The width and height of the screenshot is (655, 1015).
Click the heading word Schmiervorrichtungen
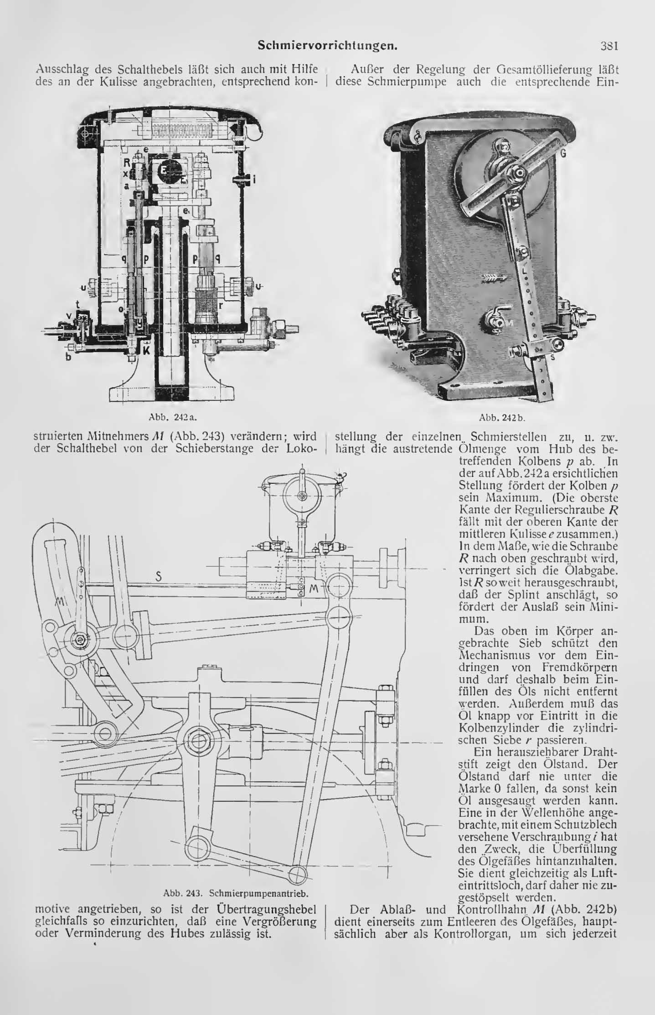point(325,45)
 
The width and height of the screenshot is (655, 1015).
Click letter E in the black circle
point(163,169)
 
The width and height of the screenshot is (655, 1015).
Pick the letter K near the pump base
point(146,351)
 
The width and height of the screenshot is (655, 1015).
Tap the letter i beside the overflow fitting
point(253,180)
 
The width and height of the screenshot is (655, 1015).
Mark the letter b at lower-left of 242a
point(69,357)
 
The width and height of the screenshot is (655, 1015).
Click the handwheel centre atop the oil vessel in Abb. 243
point(302,495)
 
